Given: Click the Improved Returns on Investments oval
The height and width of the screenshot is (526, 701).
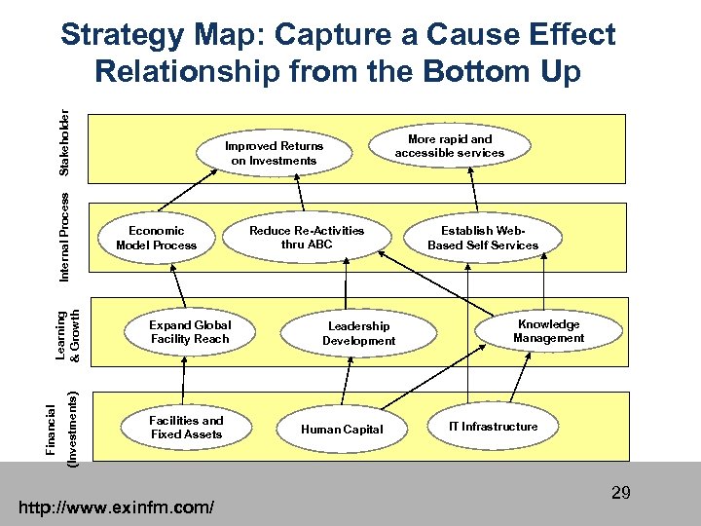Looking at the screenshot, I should coord(275,153).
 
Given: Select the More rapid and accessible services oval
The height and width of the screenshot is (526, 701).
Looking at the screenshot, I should coord(450,146).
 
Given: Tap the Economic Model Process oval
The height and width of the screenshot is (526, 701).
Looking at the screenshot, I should coord(156,238).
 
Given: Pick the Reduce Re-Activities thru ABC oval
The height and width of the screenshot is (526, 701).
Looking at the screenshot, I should coord(307,237).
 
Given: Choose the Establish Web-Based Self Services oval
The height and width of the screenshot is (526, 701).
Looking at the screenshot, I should coord(483,238).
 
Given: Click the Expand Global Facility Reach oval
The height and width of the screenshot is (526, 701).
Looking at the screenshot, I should coord(190,332).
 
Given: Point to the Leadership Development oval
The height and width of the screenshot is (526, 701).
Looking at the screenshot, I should coord(359,333).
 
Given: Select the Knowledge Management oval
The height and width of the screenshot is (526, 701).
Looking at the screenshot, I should coord(549,331).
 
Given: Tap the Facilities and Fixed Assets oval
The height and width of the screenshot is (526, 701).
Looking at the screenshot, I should coord(186,428).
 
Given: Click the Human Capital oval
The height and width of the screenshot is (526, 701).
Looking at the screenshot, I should coord(342,429).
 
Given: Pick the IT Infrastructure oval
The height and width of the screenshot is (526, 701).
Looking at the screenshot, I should coord(493,427).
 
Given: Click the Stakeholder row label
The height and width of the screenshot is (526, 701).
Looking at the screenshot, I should coord(64,146).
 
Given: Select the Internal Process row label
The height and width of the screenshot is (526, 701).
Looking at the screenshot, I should coord(64,237).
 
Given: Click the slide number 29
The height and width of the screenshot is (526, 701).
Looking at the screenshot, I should coord(621,493).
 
